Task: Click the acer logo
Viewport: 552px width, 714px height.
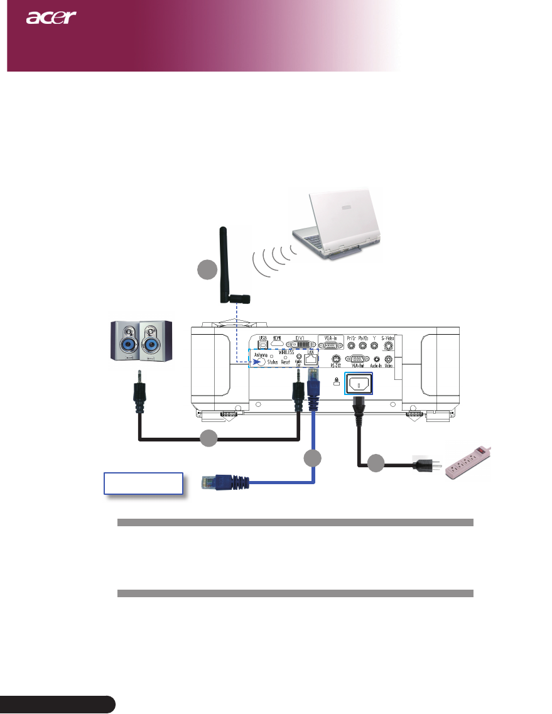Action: point(51,17)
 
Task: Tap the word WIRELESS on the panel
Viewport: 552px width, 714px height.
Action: point(283,352)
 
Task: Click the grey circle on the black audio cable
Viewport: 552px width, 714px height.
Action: point(209,438)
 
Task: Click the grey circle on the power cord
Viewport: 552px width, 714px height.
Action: point(376,464)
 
